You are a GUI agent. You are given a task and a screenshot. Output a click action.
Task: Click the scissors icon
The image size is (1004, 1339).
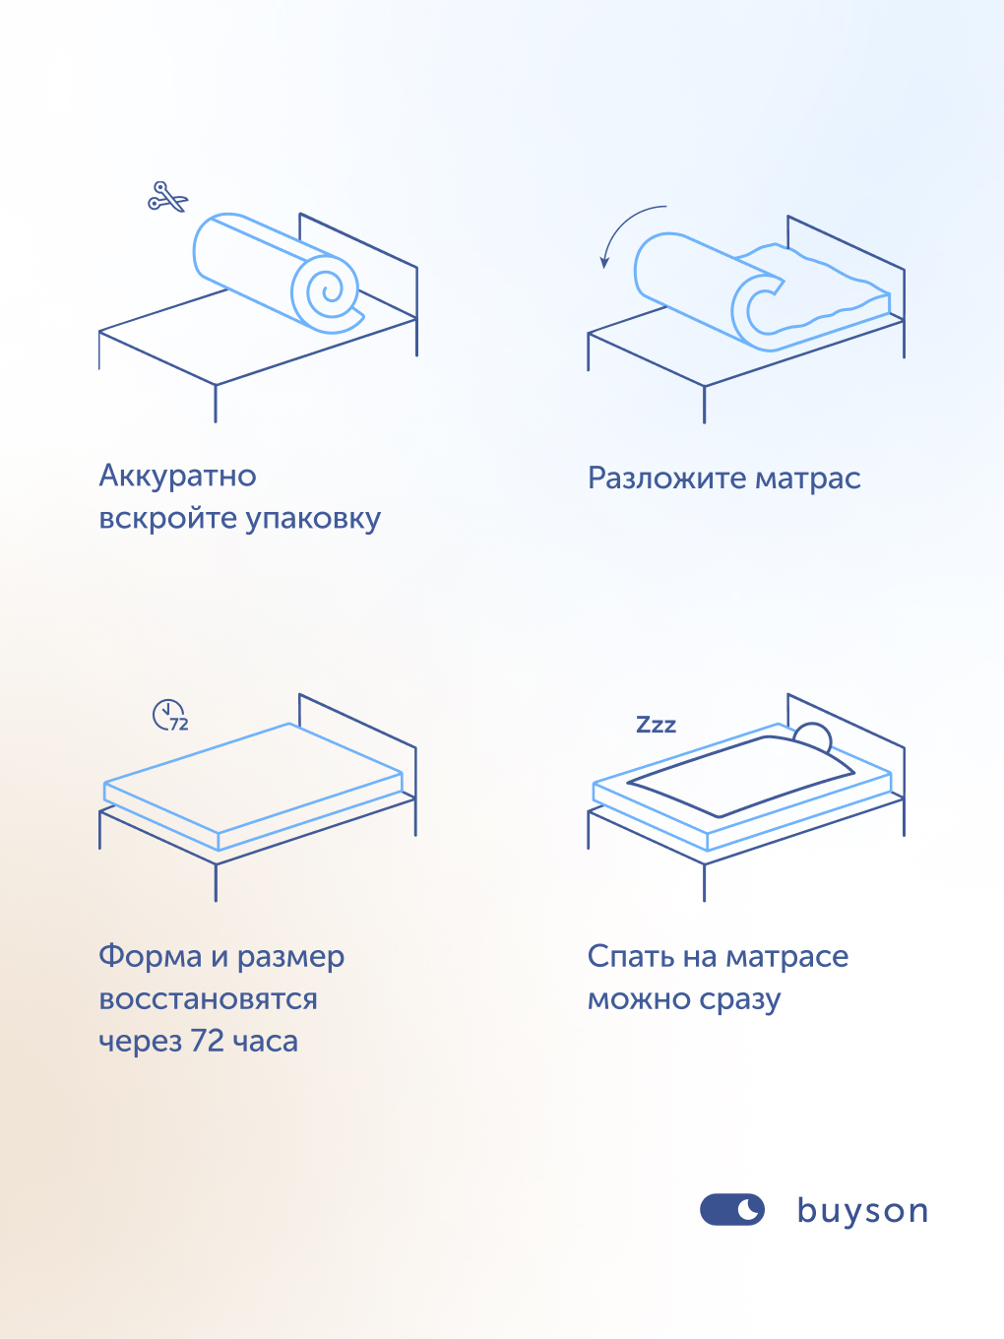(167, 197)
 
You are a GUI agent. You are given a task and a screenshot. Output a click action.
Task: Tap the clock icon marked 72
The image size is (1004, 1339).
(169, 715)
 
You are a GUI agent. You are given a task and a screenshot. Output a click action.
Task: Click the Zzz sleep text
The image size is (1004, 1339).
(656, 726)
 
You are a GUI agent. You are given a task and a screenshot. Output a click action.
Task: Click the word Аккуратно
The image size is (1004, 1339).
(177, 477)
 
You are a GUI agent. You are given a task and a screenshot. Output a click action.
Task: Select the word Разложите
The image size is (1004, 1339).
(666, 478)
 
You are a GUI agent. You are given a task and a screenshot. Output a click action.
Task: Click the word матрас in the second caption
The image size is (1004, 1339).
(807, 478)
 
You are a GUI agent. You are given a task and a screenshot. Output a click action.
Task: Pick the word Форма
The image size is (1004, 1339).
(150, 957)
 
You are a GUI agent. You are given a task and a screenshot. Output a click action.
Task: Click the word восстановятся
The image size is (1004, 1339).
(208, 999)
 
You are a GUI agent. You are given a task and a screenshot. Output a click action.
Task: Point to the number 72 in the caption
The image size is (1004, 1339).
(208, 1042)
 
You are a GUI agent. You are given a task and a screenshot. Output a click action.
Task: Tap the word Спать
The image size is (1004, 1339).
(630, 957)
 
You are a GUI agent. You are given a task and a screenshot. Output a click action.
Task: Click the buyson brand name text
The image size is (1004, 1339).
(862, 1211)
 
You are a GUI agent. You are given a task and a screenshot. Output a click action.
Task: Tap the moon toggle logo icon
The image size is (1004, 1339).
(731, 1210)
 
